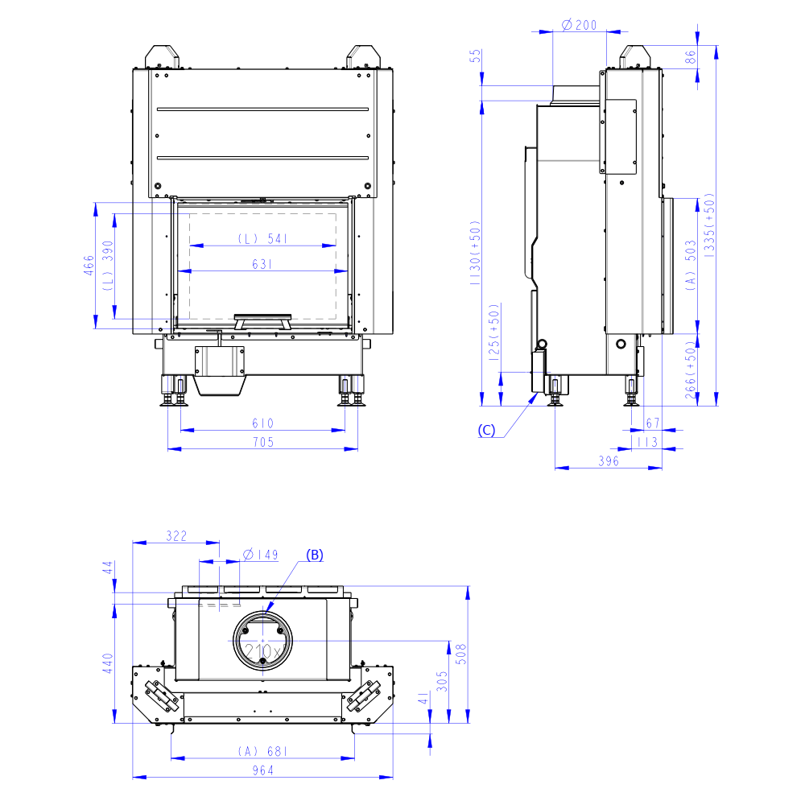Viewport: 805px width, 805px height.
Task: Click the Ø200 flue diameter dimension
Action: [579, 25]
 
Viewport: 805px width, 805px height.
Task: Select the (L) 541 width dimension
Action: [262, 239]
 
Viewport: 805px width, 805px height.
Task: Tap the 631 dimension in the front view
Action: [262, 264]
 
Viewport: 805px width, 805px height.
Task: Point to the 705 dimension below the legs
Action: [263, 442]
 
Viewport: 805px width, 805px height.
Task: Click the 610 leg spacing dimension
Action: [263, 423]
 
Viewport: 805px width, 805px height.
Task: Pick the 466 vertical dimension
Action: [89, 265]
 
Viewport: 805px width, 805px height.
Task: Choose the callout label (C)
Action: [486, 430]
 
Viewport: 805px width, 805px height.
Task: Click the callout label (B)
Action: [315, 555]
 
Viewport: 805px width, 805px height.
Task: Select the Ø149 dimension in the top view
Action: [260, 555]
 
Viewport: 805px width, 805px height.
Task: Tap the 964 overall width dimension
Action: [263, 770]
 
